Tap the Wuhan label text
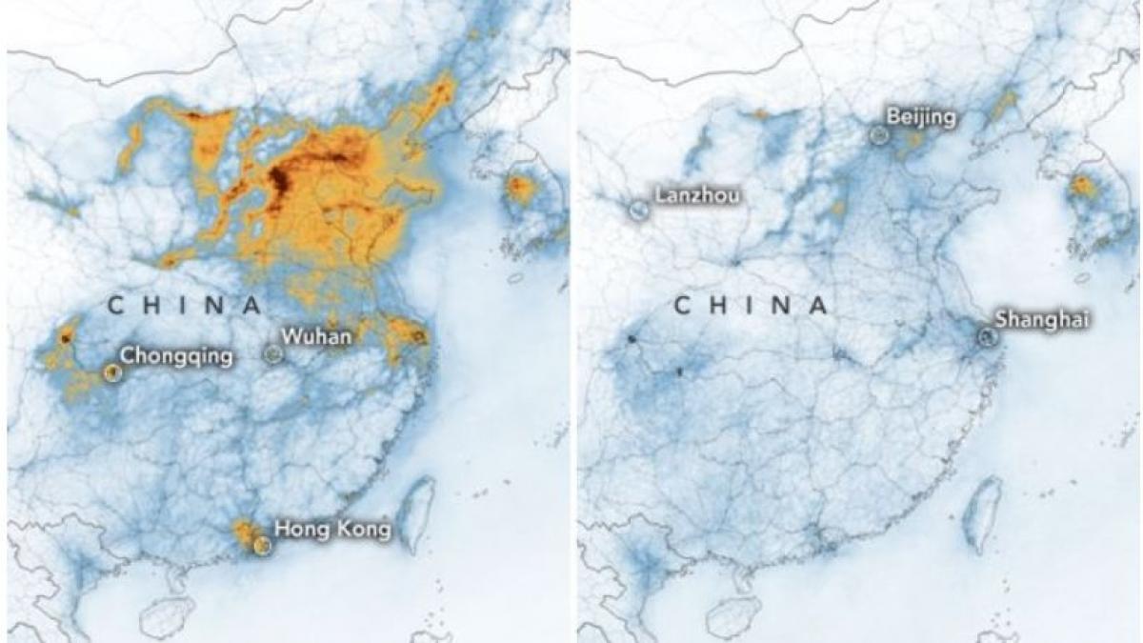coord(317,336)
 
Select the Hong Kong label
coord(332,530)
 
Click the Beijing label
coord(920,118)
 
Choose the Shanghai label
coord(1042,320)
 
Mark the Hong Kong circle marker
coord(262,546)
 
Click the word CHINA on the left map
coord(185,305)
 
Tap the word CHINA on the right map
coord(752,306)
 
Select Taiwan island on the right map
coord(983,514)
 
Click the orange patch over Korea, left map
coord(520,188)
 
